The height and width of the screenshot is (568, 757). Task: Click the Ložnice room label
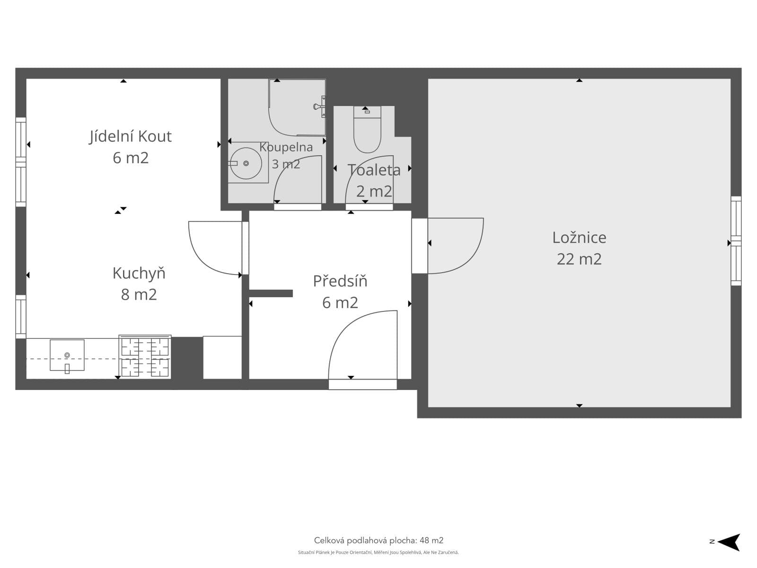click(579, 238)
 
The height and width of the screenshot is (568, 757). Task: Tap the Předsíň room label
click(340, 281)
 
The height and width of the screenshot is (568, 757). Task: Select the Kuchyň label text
click(139, 273)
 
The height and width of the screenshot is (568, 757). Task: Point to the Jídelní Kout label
click(131, 137)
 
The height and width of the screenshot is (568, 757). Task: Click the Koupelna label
click(286, 147)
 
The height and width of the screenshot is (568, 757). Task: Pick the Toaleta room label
click(374, 170)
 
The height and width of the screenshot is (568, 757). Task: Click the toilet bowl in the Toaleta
click(367, 130)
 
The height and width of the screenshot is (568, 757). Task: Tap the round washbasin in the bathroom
click(246, 163)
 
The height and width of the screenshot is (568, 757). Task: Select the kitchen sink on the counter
click(67, 355)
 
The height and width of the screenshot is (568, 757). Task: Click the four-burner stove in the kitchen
click(145, 356)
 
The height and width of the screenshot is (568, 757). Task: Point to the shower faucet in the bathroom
click(319, 106)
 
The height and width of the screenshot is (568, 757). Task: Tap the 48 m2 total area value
click(431, 541)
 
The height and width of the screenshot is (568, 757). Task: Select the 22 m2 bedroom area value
click(579, 259)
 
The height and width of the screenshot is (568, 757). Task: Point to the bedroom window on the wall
click(736, 241)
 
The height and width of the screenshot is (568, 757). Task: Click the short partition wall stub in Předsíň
click(271, 293)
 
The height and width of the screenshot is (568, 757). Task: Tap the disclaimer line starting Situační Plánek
click(378, 552)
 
